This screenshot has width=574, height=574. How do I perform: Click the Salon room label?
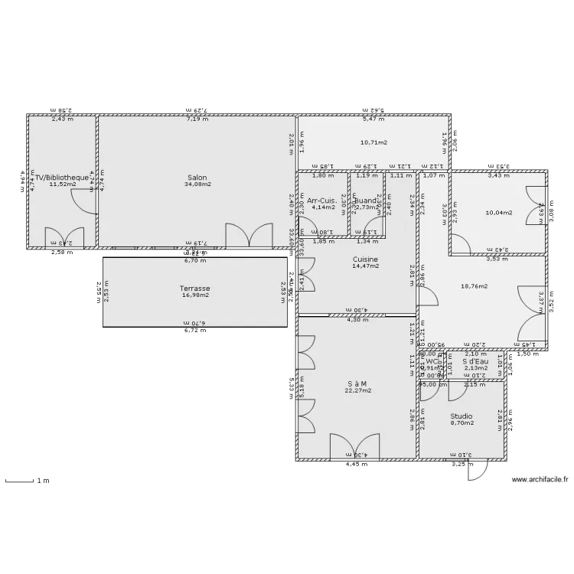pos(197,178)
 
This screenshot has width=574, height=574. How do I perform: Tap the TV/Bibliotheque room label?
pos(61,178)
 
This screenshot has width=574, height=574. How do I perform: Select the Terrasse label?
pos(194,289)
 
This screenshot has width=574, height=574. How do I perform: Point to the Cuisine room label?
pos(365,259)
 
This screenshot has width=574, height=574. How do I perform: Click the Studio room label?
pos(461,416)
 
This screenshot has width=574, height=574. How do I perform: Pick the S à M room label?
pos(357,383)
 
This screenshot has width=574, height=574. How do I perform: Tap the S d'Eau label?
pos(475,361)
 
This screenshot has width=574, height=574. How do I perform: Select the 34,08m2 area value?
pos(197,184)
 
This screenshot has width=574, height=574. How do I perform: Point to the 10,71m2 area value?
pos(373,142)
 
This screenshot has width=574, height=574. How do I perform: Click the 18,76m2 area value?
pos(475,286)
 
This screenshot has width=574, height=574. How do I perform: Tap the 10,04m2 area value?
pos(500,213)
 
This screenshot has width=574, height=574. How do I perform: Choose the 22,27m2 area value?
pos(357,390)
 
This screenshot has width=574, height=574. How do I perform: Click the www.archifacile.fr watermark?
pos(540,480)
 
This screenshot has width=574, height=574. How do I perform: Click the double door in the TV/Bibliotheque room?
pos(61,236)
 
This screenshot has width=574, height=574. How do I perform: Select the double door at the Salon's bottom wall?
pos(249,235)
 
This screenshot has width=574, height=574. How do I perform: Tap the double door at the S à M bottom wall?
pos(355,446)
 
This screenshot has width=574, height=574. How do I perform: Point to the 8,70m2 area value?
pos(461,422)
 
